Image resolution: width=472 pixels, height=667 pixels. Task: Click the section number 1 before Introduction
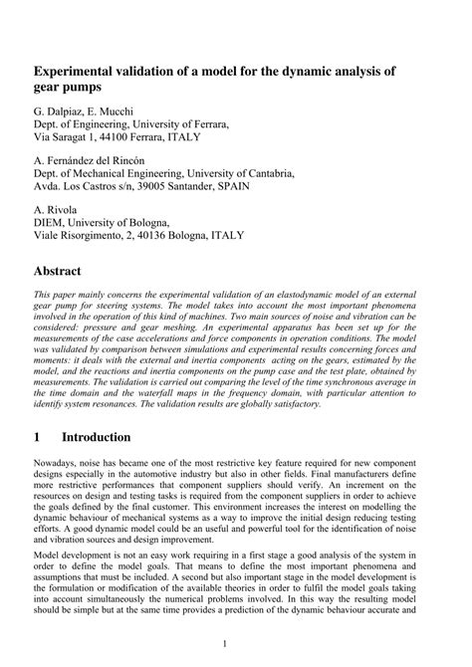[x=37, y=438]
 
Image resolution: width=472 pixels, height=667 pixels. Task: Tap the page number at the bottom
[x=235, y=648]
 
